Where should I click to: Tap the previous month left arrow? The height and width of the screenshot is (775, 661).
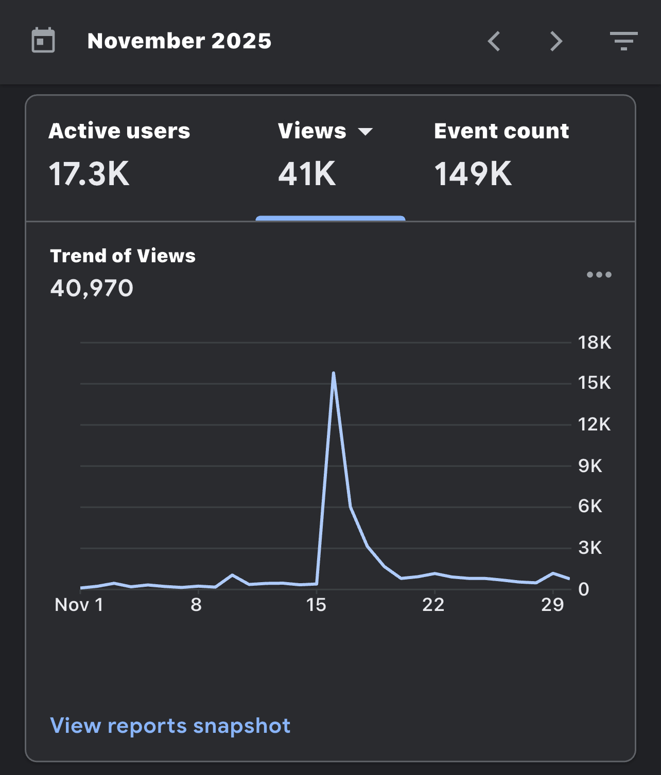[x=494, y=41]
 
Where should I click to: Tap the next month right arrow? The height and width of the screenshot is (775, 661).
[x=556, y=41]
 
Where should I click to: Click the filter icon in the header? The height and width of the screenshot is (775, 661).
[x=624, y=41]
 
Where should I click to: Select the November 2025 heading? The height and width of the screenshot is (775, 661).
[x=180, y=41]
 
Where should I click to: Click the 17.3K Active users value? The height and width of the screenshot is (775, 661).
[x=89, y=174]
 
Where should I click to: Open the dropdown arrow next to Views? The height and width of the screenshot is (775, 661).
[x=365, y=131]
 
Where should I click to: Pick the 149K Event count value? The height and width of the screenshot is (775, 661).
[x=473, y=174]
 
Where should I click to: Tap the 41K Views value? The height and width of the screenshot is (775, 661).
[x=307, y=174]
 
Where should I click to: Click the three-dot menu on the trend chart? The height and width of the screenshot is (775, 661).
[x=599, y=275]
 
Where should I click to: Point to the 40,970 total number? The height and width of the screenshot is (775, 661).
[x=92, y=289]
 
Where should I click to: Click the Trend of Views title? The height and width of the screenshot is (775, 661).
[x=123, y=256]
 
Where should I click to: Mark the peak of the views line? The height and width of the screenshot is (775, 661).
[x=333, y=373]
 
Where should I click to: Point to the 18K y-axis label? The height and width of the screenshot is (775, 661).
[x=595, y=343]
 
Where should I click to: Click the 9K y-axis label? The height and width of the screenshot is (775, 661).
[x=590, y=466]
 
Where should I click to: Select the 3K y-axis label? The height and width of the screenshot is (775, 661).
[x=590, y=548]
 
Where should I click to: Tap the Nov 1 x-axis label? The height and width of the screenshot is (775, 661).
[x=79, y=605]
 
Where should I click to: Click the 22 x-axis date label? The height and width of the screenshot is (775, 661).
[x=433, y=605]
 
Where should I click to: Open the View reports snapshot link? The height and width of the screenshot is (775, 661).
[x=170, y=726]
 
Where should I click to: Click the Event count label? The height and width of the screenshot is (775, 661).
[x=501, y=131]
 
